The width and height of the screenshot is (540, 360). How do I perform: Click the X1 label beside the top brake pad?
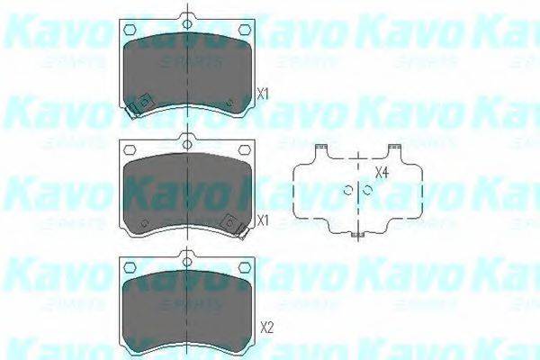pos(262,93)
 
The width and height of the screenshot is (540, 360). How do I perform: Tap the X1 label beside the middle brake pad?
pos(262,220)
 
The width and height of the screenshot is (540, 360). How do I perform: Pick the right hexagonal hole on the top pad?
pos(243,30)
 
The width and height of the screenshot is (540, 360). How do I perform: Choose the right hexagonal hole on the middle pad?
pos(243,151)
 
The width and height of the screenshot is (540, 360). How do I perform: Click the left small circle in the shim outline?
pos(348,189)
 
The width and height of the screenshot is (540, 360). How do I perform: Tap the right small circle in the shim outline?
pos(367,189)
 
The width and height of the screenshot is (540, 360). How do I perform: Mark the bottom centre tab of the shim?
pos(357,236)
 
